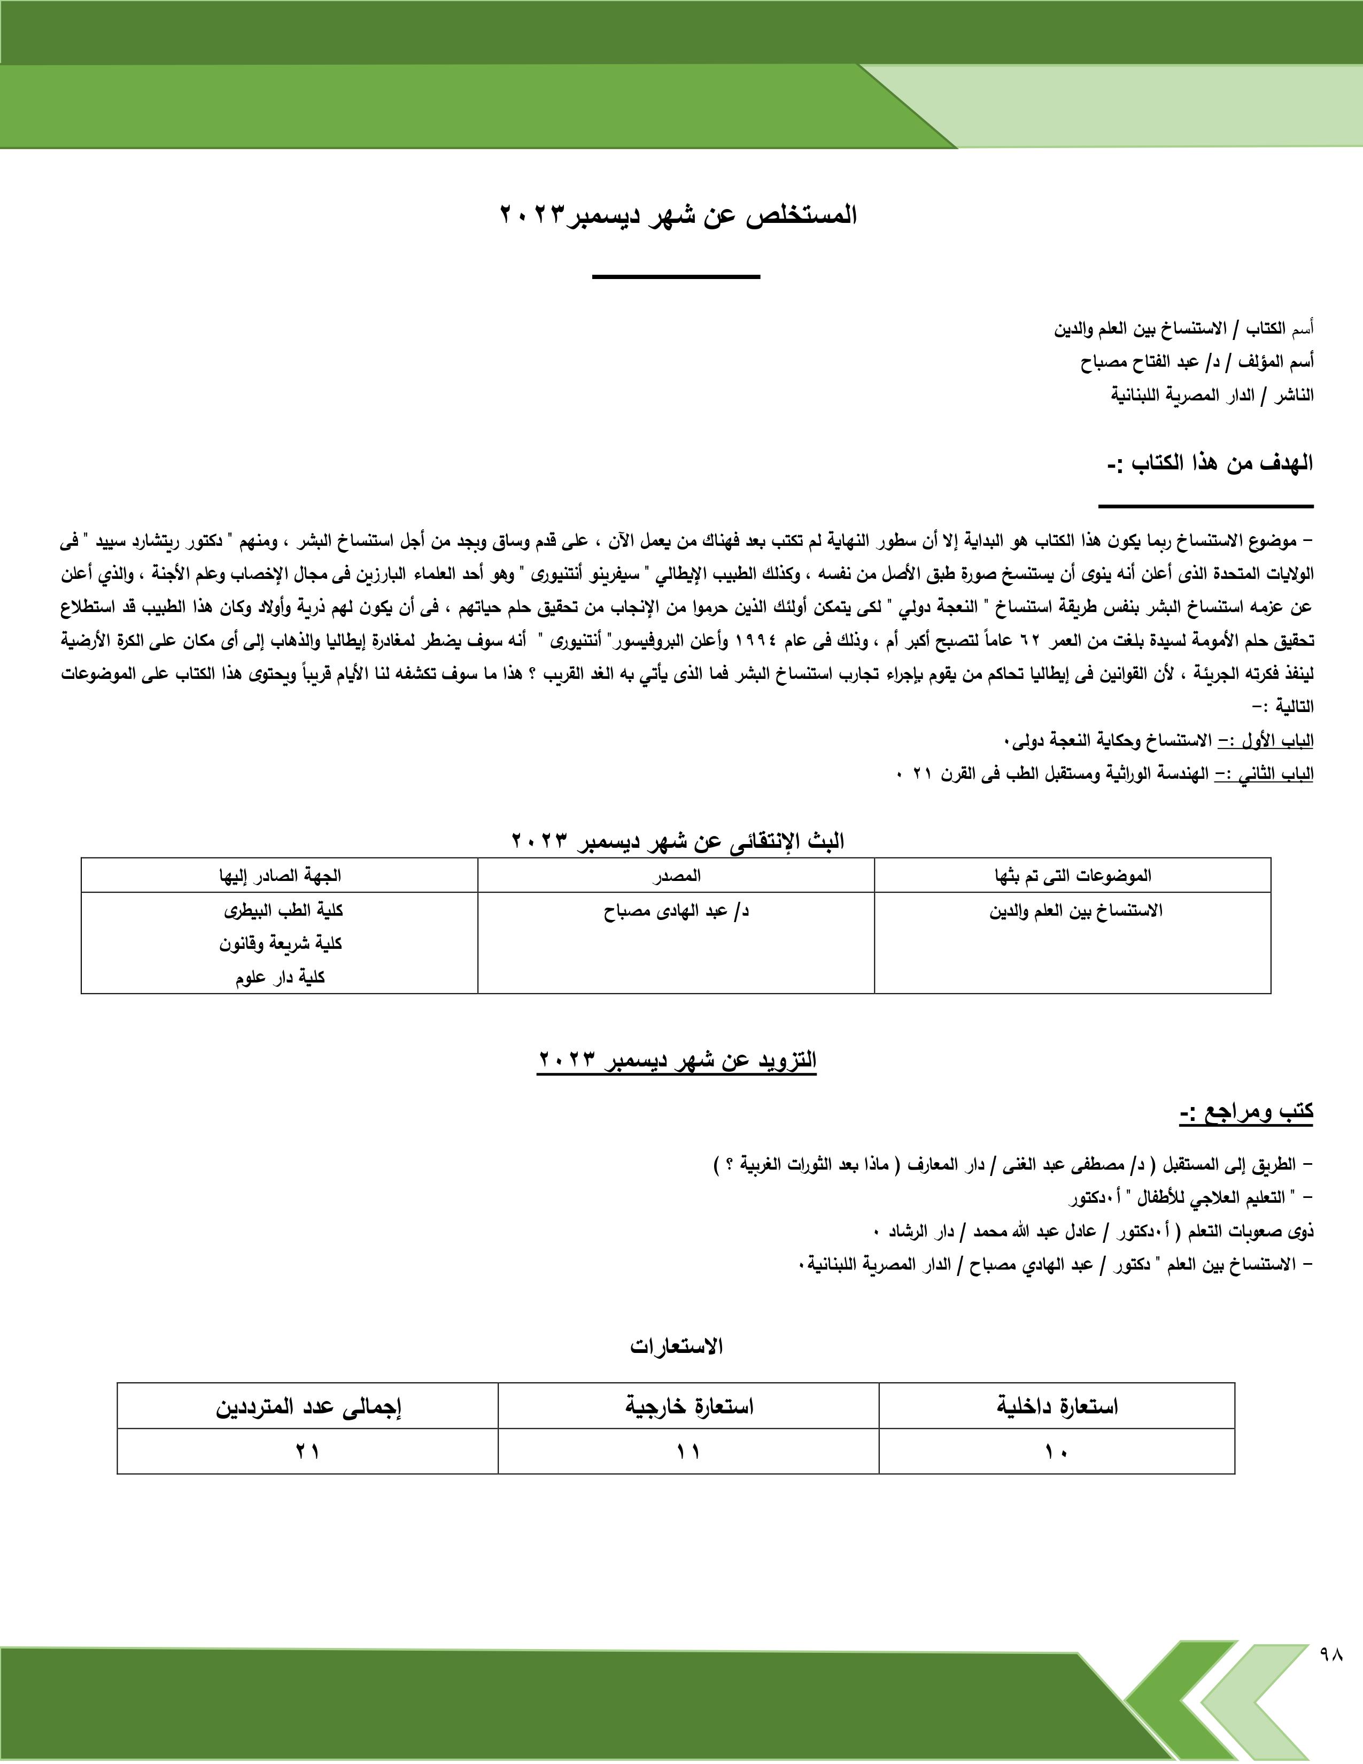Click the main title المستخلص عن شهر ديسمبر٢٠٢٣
678,215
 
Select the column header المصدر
676,876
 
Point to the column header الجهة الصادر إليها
280,876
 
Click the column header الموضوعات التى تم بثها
1072,876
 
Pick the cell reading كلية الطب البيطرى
283,910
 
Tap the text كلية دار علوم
280,977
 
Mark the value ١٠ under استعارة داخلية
1056,1451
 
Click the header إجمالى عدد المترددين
308,1406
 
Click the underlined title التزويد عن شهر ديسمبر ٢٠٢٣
677,1059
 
